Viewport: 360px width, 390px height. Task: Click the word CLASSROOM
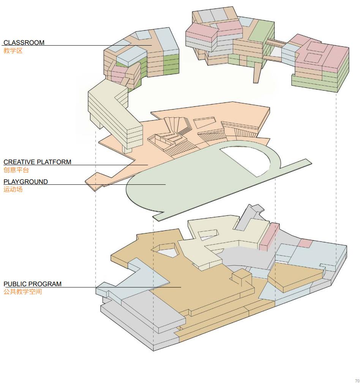pyautogui.click(x=24, y=43)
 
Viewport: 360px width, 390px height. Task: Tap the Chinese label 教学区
pyautogui.click(x=13, y=51)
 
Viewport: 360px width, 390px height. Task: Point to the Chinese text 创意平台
pyautogui.click(x=16, y=170)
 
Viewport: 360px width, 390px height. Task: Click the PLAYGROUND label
pyautogui.click(x=25, y=182)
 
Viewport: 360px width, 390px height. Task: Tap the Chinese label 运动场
pyautogui.click(x=13, y=189)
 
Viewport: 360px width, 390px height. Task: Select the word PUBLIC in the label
pyautogui.click(x=15, y=284)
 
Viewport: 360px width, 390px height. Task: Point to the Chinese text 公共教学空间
pyautogui.click(x=22, y=292)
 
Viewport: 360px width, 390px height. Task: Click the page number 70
pyautogui.click(x=357, y=381)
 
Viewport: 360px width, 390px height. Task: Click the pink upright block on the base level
pyautogui.click(x=269, y=236)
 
